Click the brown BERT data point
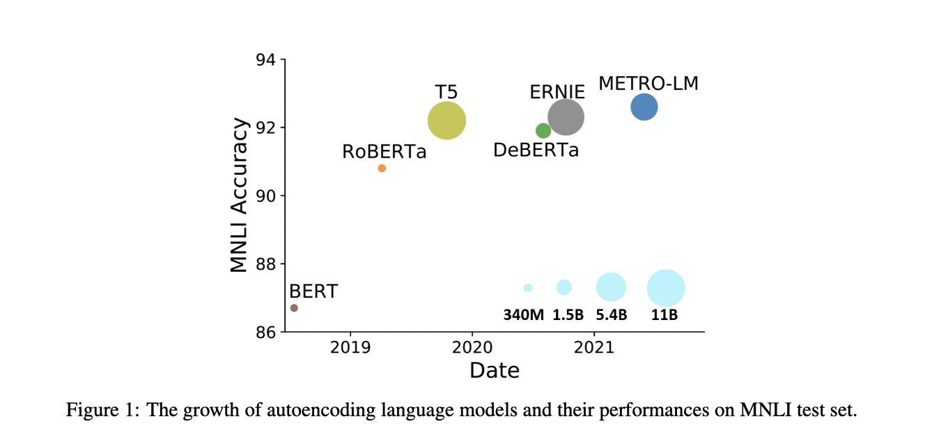pos(294,307)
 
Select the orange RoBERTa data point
pos(382,169)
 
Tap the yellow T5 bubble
pos(446,121)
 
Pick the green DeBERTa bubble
pos(543,130)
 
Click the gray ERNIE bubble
pos(566,117)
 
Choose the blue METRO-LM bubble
pos(644,107)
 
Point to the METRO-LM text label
pos(648,84)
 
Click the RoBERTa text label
pos(384,151)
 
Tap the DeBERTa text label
pos(536,150)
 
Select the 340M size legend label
pos(523,314)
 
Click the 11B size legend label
pos(664,314)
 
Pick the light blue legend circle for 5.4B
pos(612,287)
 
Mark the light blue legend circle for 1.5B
pos(564,287)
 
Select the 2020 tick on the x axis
pos(472,345)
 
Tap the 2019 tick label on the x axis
pos(350,345)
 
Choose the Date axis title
pos(494,370)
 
